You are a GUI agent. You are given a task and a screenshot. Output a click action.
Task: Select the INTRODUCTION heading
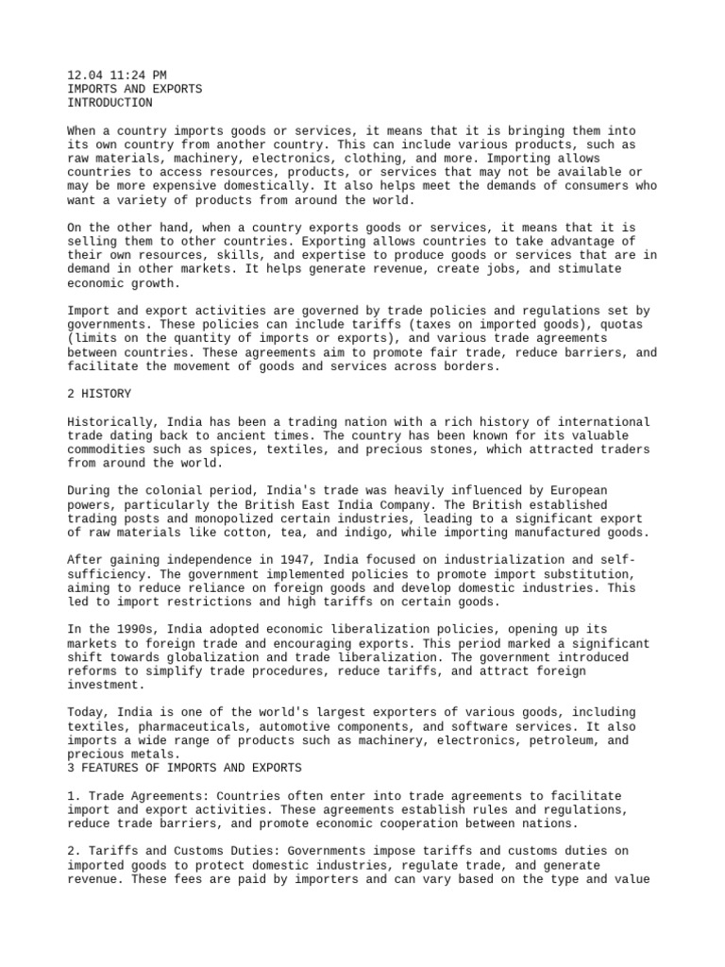pyautogui.click(x=110, y=103)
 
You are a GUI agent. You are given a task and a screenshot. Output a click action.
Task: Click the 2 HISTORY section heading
pyautogui.click(x=100, y=393)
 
